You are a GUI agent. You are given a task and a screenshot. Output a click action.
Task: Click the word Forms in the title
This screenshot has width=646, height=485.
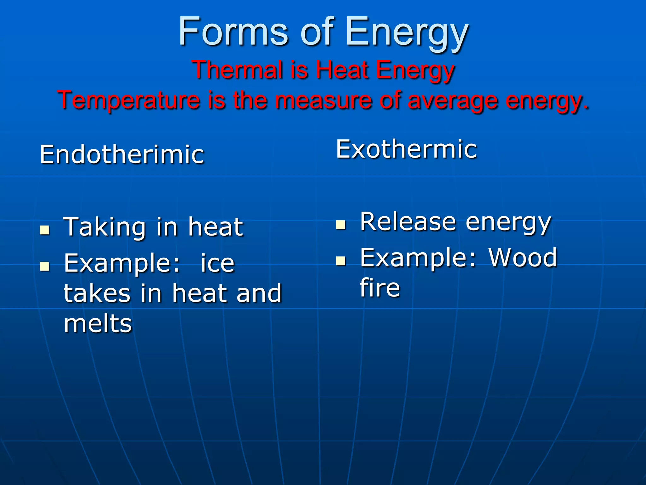click(233, 32)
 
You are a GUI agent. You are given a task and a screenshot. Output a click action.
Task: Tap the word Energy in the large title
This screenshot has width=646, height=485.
click(407, 33)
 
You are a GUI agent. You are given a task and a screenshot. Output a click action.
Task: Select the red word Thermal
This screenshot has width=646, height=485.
click(237, 70)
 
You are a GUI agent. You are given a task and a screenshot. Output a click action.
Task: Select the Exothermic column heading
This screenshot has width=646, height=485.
click(406, 149)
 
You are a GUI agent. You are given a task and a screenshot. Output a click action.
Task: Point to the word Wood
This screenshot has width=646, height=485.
click(523, 258)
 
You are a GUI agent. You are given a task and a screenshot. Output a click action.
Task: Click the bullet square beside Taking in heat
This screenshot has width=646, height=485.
click(45, 230)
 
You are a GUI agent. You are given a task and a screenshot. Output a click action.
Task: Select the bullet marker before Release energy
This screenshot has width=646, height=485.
click(341, 225)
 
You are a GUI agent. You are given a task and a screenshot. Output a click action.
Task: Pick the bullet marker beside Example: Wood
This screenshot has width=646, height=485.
click(341, 261)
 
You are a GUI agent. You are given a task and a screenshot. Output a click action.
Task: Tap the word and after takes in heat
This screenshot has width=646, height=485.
click(259, 293)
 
